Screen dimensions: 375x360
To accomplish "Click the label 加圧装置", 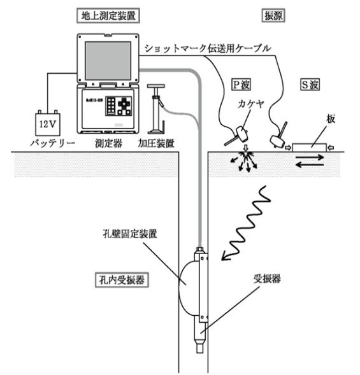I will point(155,143).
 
